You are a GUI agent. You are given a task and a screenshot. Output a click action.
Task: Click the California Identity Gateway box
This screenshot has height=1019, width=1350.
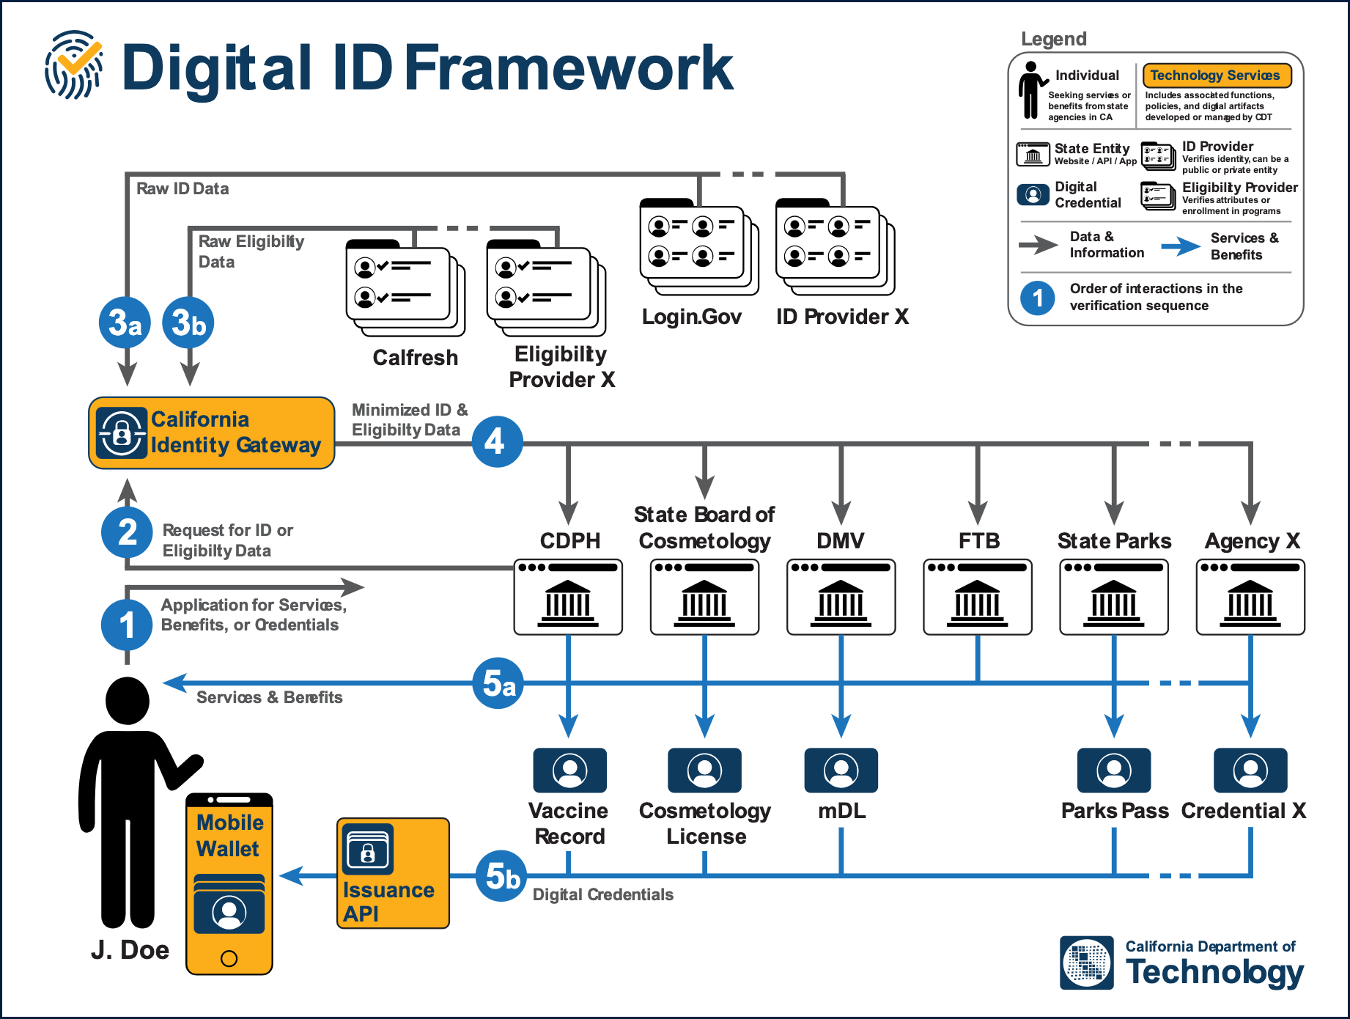click(211, 433)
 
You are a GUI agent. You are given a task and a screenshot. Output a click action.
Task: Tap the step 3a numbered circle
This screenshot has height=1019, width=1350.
click(125, 323)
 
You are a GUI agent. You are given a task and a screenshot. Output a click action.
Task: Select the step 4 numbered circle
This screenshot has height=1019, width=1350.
click(497, 441)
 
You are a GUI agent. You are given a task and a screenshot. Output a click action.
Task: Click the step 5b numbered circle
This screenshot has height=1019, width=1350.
click(502, 875)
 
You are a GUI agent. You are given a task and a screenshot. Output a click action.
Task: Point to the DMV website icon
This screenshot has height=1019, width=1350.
click(841, 597)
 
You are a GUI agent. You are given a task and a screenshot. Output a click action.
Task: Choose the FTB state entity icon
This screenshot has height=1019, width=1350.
click(978, 597)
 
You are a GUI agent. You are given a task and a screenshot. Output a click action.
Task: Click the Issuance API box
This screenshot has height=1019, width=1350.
click(393, 873)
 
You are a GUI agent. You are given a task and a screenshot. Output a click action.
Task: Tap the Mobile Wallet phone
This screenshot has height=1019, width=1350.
click(229, 884)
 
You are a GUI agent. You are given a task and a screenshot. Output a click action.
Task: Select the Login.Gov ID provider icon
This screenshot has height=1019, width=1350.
click(698, 248)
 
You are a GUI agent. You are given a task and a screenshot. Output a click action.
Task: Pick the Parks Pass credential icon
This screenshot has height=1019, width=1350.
click(1114, 770)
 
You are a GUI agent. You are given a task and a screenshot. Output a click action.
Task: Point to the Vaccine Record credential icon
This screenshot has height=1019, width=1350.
click(569, 770)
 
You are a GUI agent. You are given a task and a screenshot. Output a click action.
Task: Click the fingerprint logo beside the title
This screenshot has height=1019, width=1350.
click(73, 65)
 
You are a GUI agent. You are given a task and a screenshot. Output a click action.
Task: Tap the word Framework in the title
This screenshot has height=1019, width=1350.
click(569, 67)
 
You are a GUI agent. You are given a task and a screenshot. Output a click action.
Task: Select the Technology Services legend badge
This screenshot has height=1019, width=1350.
click(1217, 76)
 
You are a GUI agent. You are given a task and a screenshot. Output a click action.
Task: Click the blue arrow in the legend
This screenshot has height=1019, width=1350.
click(1181, 246)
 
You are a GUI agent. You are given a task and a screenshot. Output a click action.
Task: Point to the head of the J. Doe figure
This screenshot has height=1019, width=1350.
click(128, 700)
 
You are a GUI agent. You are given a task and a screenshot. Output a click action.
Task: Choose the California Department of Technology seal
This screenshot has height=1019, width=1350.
click(1087, 963)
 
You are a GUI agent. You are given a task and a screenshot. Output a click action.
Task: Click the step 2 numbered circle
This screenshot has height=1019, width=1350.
click(127, 531)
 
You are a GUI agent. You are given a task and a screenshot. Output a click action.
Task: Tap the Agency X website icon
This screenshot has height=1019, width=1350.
click(1250, 597)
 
